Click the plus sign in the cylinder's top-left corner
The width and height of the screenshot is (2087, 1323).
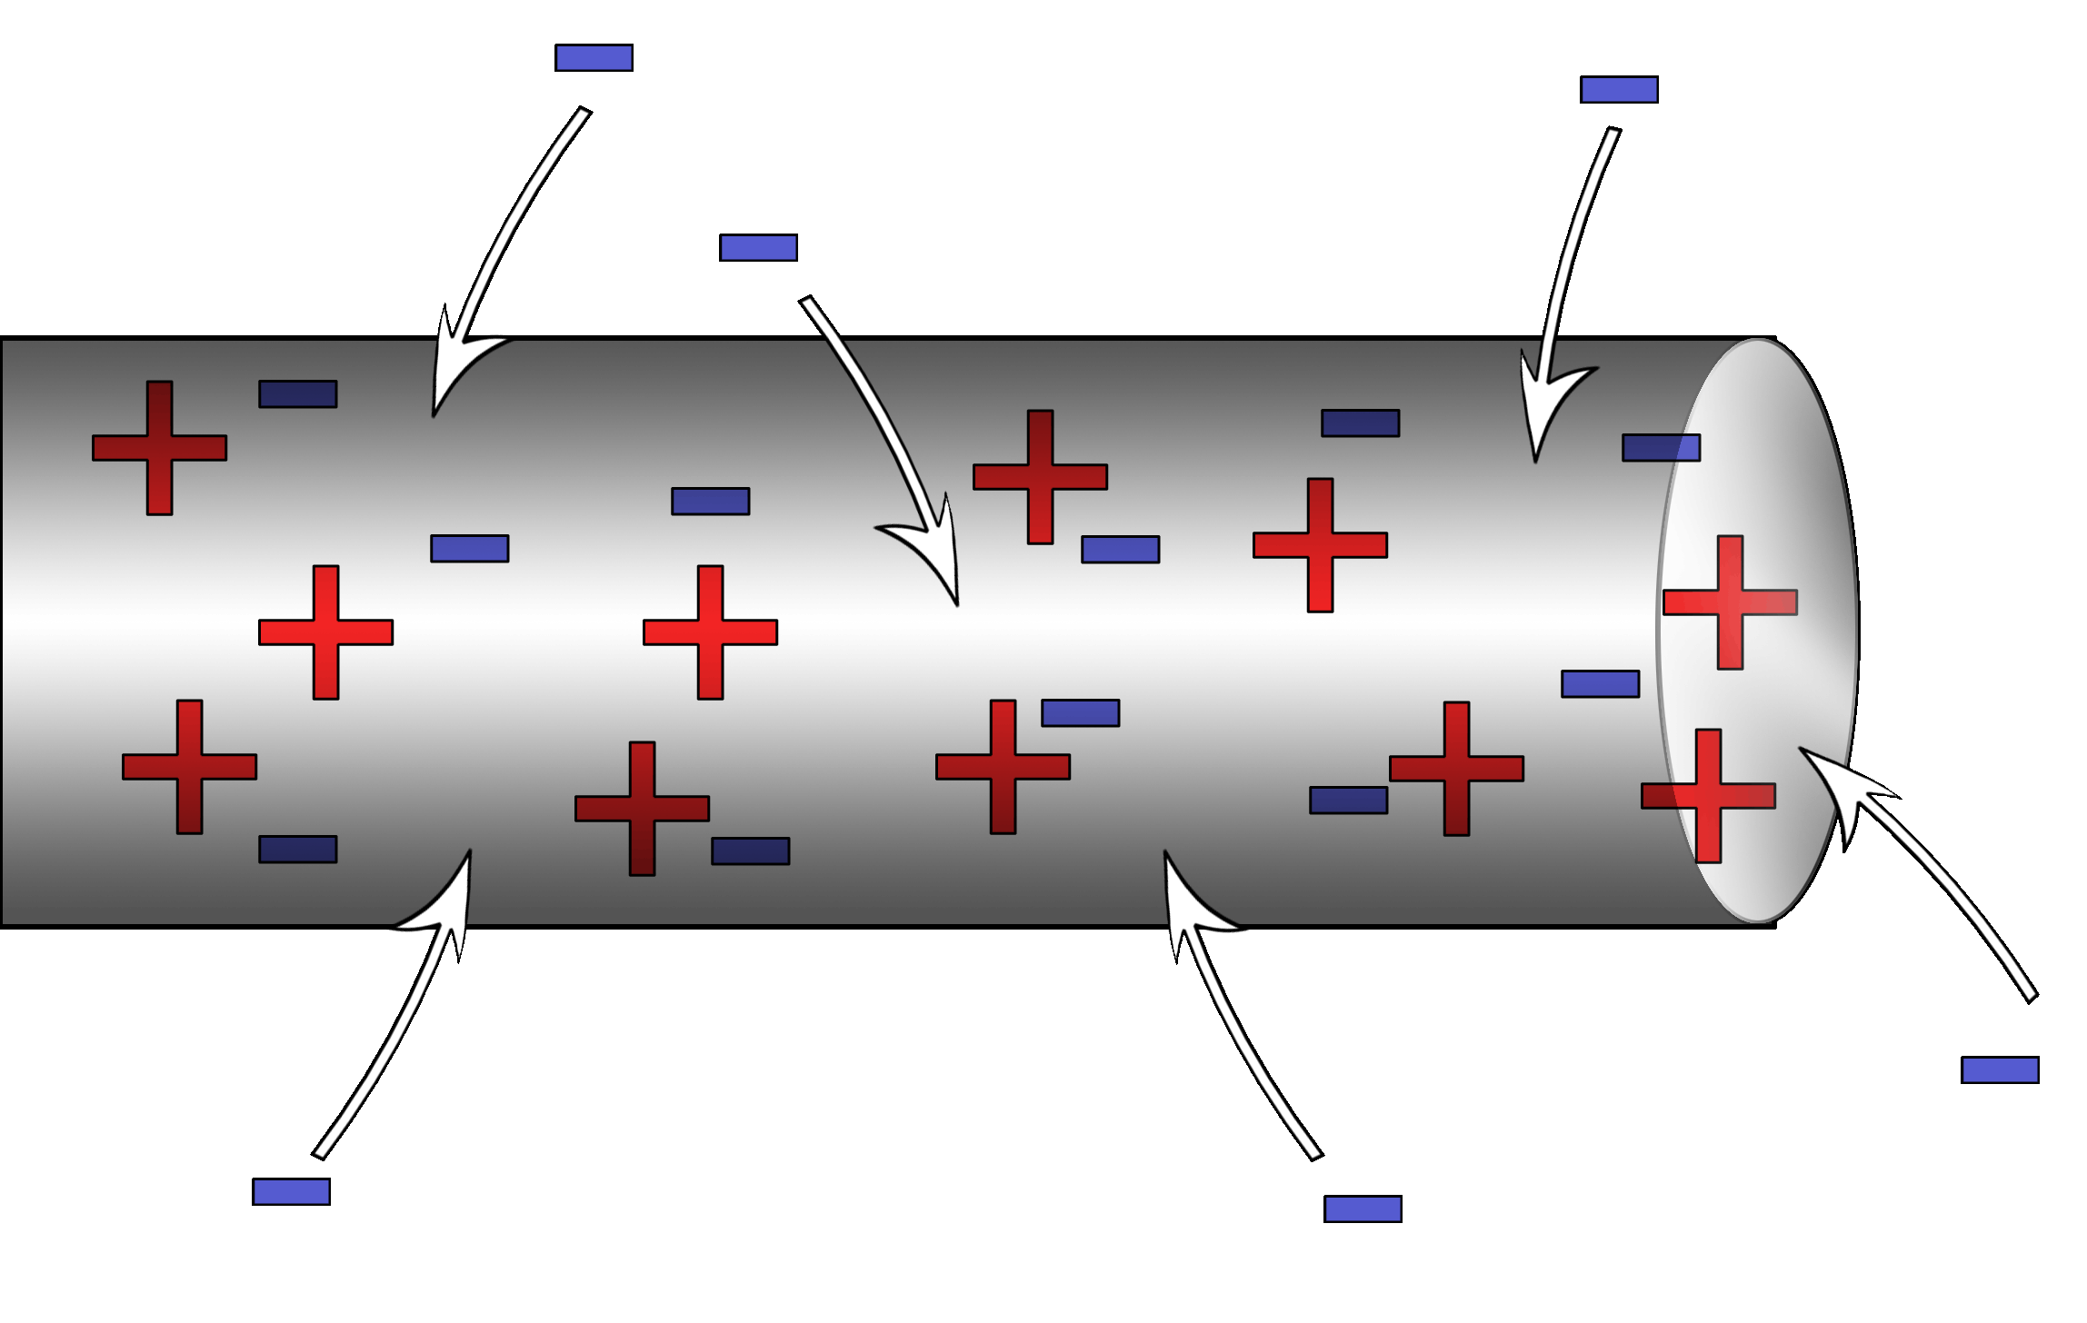pyautogui.click(x=159, y=448)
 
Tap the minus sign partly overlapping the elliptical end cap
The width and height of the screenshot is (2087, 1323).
pyautogui.click(x=1661, y=447)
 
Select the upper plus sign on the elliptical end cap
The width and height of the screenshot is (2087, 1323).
pyautogui.click(x=1730, y=602)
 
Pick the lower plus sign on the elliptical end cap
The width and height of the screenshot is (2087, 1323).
pyautogui.click(x=1708, y=796)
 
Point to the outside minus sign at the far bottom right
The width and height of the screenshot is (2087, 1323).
pyautogui.click(x=2000, y=1069)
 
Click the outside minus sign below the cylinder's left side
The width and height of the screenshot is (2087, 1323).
pyautogui.click(x=291, y=1191)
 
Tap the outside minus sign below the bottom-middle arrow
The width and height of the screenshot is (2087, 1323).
pyautogui.click(x=1363, y=1209)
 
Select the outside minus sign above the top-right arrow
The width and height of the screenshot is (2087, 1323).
pyautogui.click(x=1619, y=89)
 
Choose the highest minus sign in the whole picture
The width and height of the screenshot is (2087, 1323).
pyautogui.click(x=594, y=57)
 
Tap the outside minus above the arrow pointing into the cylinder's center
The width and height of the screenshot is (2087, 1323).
pyautogui.click(x=758, y=247)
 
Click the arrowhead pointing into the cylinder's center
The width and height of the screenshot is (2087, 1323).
pyautogui.click(x=936, y=554)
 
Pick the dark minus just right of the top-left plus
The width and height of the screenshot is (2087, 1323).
pyautogui.click(x=297, y=393)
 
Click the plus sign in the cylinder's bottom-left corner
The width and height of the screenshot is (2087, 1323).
pyautogui.click(x=189, y=766)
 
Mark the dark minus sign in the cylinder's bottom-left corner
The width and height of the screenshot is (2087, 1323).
pyautogui.click(x=297, y=849)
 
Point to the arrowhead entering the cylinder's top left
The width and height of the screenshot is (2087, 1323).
pyautogui.click(x=451, y=363)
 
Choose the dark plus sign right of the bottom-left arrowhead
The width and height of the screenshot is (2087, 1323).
pyautogui.click(x=642, y=808)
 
